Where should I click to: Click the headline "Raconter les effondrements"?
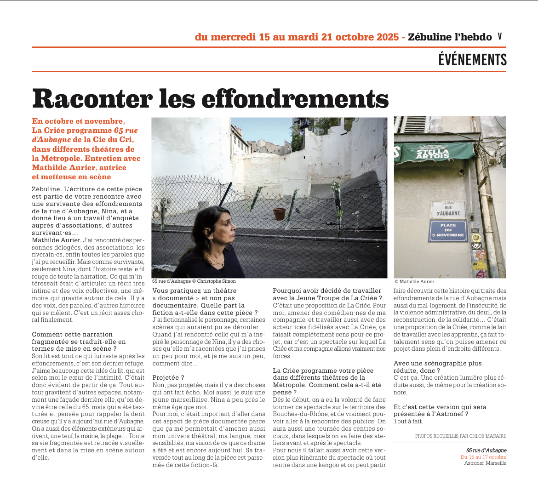[x=210, y=98]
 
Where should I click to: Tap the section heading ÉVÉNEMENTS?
[x=472, y=60]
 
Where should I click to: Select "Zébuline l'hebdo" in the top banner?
[x=450, y=37]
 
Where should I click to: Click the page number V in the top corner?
[x=500, y=37]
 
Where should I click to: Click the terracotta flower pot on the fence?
[x=279, y=213]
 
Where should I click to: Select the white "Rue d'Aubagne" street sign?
[x=448, y=210]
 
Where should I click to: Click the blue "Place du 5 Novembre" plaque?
[x=448, y=230]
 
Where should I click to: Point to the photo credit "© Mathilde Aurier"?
[x=414, y=281]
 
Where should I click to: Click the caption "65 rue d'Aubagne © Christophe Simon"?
[x=194, y=281]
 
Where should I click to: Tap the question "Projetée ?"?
[x=168, y=377]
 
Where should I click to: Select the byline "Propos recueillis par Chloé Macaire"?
[x=460, y=436]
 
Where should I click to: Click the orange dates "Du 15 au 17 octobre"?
[x=483, y=457]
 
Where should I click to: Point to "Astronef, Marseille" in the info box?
[x=485, y=463]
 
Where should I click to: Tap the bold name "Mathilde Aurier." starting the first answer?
[x=57, y=240]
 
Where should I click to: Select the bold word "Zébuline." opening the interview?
[x=46, y=189]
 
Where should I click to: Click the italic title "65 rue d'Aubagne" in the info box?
[x=486, y=450]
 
